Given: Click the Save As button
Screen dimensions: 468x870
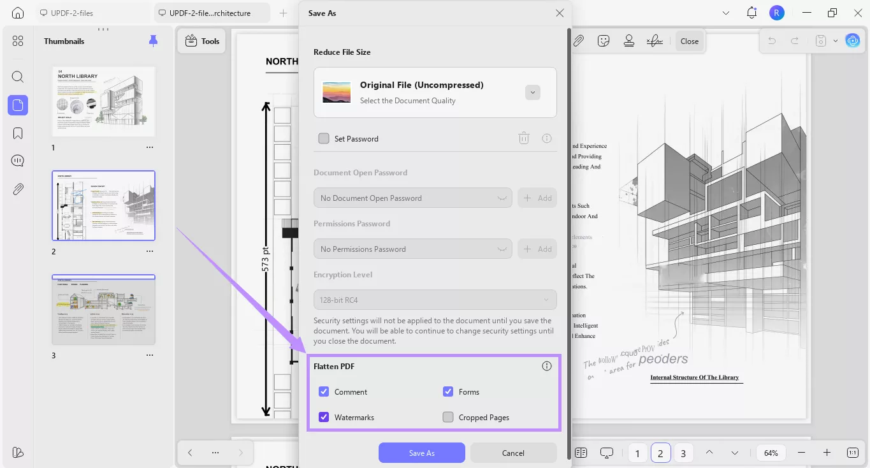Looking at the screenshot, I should coord(421,453).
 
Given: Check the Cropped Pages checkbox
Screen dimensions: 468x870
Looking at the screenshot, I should coord(448,418).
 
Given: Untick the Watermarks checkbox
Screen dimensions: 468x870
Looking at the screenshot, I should coord(324,418).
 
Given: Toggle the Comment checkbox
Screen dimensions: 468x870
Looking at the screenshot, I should coord(324,392).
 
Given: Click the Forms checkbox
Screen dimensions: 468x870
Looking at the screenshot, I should coord(448,392).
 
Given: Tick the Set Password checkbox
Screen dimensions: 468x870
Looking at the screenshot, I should coord(324,138).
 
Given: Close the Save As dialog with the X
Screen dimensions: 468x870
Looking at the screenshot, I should coord(560,13).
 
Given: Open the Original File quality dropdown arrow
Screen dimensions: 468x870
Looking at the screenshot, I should coord(533,92).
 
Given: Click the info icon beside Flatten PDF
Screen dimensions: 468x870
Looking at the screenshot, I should coord(547,366).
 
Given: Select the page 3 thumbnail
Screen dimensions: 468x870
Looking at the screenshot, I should coord(103,310).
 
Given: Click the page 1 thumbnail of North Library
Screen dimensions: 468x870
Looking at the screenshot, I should coord(103,101).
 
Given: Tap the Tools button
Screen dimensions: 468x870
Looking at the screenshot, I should coord(202,41).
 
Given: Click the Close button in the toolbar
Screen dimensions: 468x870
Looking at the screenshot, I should coord(689,41).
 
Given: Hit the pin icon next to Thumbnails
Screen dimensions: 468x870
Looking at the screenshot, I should coord(153,41).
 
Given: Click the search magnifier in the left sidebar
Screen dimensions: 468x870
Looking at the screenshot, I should coord(18,77).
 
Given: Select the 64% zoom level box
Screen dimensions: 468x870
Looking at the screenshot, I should coord(771,453).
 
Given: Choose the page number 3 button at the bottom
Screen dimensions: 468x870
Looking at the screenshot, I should coord(683,453).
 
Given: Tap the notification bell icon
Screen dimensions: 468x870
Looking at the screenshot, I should coord(751,13).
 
